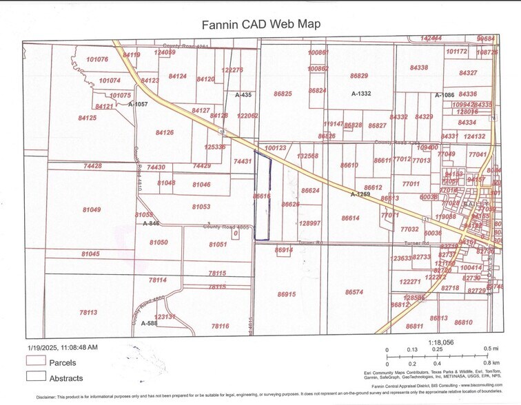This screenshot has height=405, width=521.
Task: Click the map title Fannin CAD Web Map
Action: pyautogui.click(x=260, y=24)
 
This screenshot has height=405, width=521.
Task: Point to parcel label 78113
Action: pyautogui.click(x=88, y=312)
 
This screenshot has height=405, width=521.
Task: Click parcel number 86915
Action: pyautogui.click(x=286, y=294)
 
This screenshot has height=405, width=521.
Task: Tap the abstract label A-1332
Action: pyautogui.click(x=361, y=93)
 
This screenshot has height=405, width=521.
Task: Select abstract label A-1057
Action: pyautogui.click(x=138, y=104)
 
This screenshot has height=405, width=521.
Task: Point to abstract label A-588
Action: pyautogui.click(x=149, y=322)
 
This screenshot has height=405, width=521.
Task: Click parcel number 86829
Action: pyautogui.click(x=359, y=76)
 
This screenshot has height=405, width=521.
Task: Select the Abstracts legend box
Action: pyautogui.click(x=36, y=377)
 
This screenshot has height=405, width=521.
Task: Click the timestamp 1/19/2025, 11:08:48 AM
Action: pyautogui.click(x=63, y=347)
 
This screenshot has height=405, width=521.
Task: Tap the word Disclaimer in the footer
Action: pyautogui.click(x=51, y=397)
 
